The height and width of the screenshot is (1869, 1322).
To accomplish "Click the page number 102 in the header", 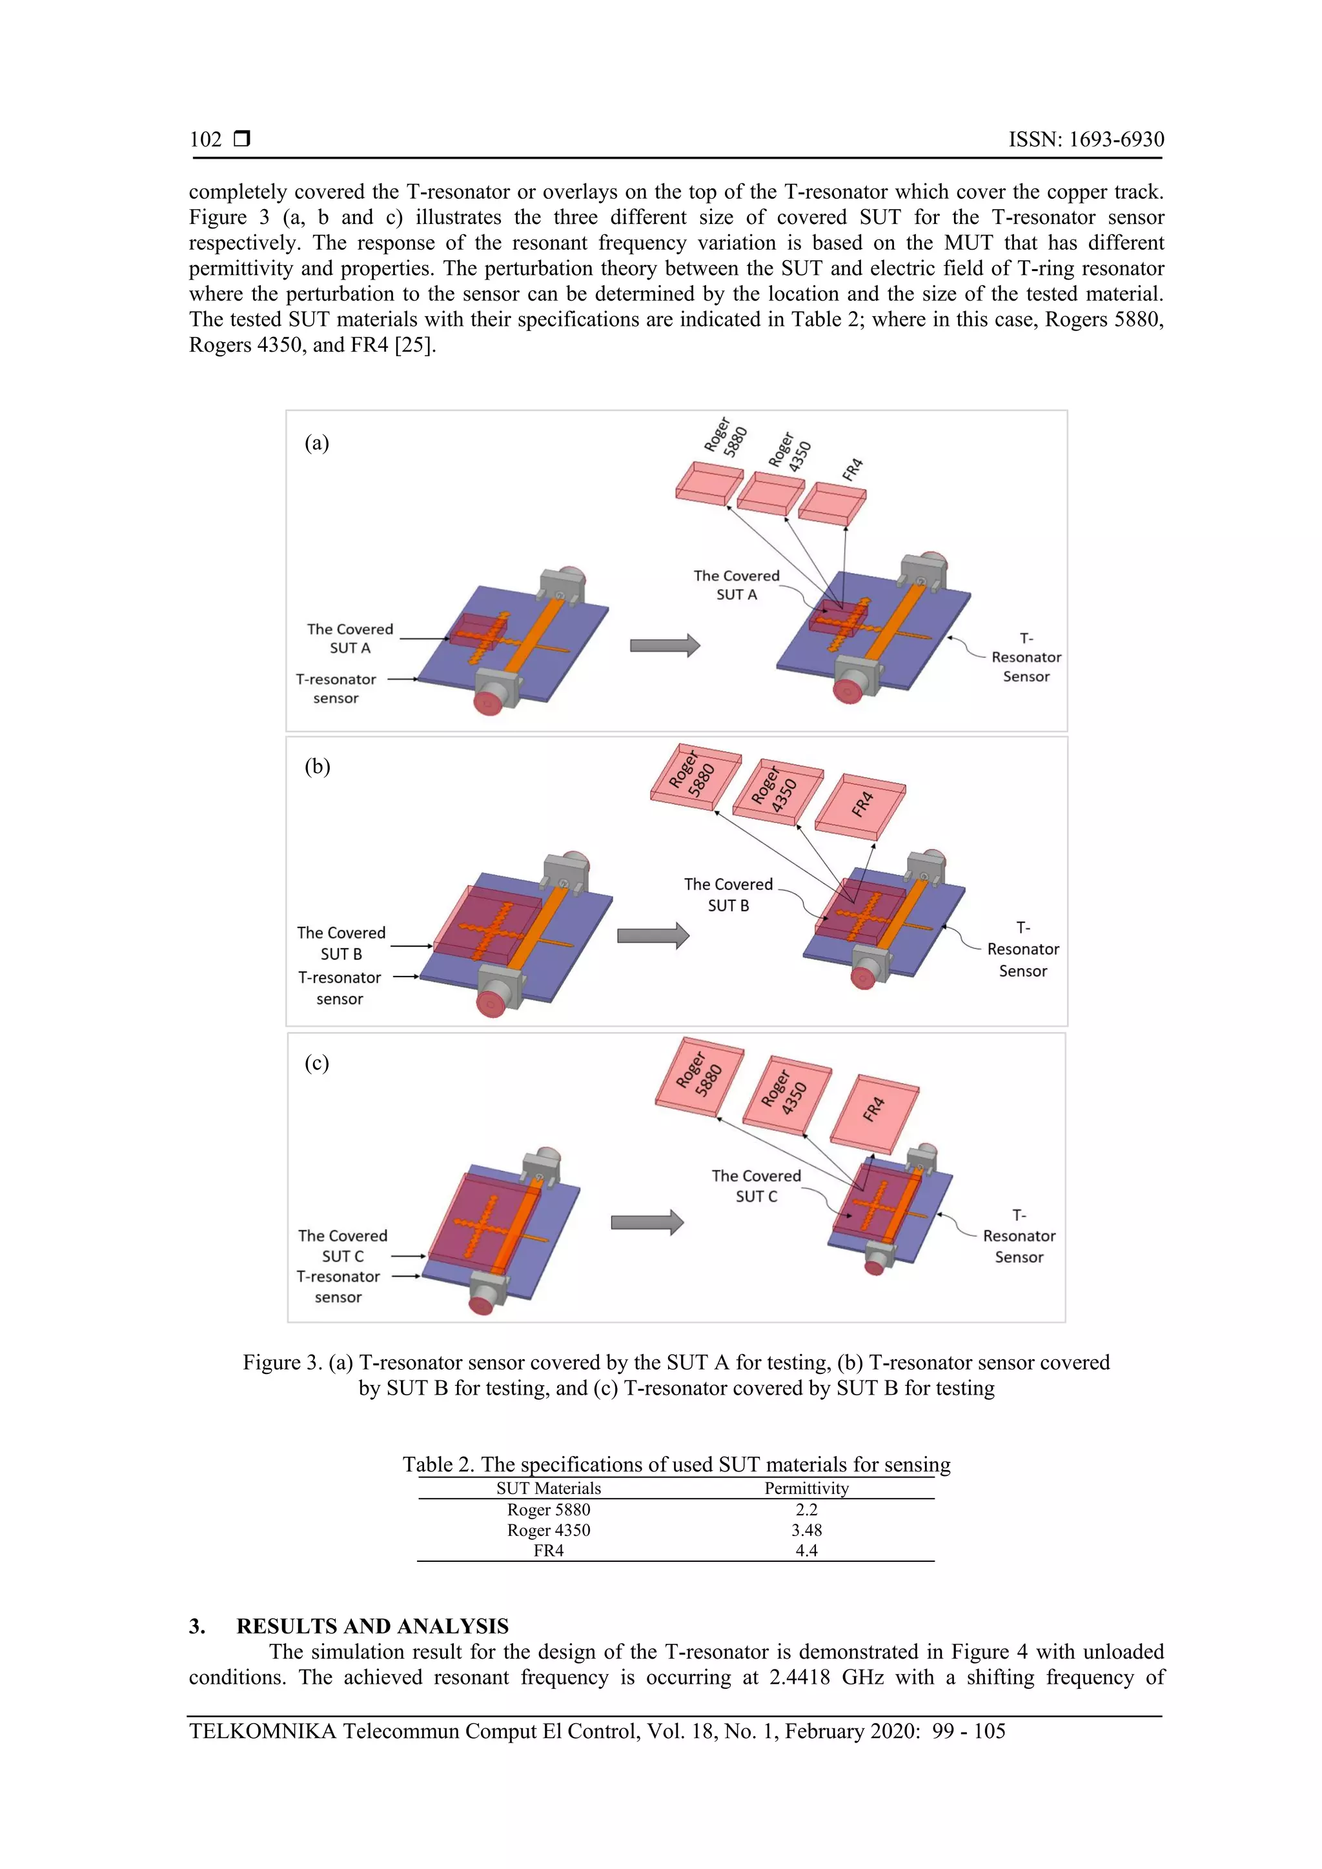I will pos(205,139).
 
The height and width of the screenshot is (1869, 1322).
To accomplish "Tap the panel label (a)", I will pos(317,442).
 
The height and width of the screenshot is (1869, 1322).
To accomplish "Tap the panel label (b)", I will pos(317,766).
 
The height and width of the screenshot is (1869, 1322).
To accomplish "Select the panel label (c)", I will pos(317,1062).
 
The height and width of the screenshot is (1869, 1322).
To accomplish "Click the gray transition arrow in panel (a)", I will pos(664,645).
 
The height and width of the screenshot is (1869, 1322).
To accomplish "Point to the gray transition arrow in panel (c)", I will pos(647,1222).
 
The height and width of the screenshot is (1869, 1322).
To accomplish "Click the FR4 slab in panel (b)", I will pos(860,806).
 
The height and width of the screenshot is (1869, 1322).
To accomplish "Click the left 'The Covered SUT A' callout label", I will pos(350,638).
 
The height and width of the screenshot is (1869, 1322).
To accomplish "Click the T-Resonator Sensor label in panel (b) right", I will pos(1022,949).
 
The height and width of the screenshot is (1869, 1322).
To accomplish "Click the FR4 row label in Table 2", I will pos(548,1550).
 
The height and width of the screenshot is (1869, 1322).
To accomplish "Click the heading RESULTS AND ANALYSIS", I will pos(372,1626).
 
